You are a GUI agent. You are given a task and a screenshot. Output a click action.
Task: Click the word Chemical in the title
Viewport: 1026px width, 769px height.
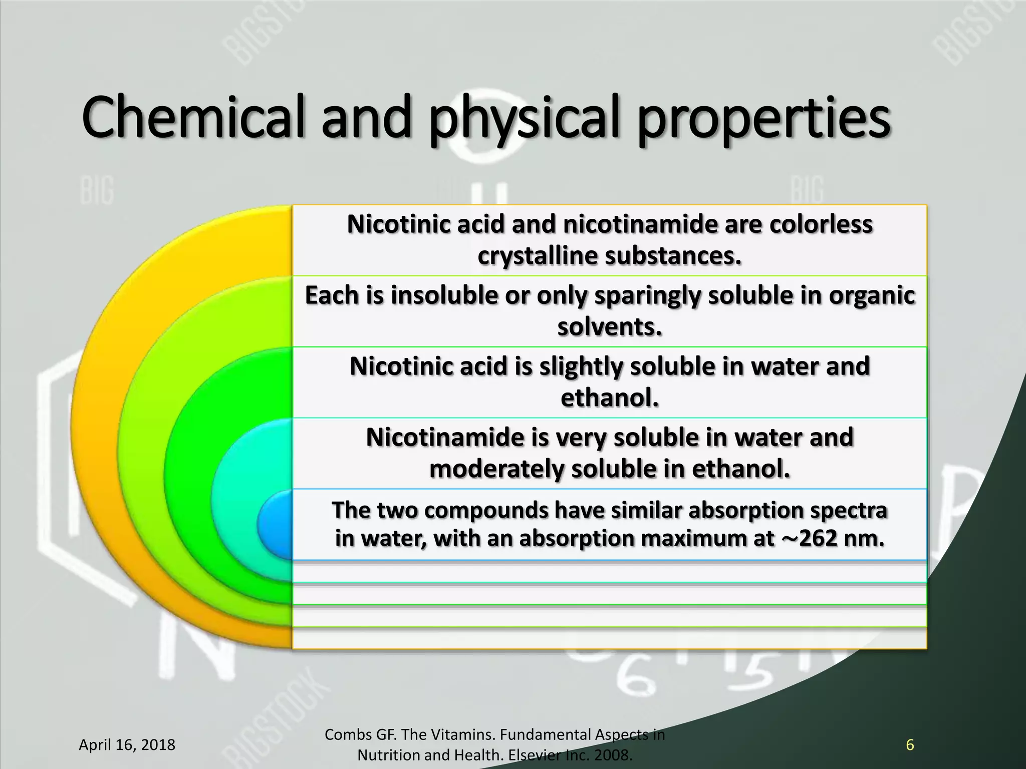(193, 119)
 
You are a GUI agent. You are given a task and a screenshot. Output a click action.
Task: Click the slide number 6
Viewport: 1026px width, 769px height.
(910, 745)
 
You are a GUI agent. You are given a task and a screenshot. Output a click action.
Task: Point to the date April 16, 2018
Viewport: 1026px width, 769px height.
(127, 745)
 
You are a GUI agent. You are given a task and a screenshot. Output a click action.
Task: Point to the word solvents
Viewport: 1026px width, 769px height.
(609, 327)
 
